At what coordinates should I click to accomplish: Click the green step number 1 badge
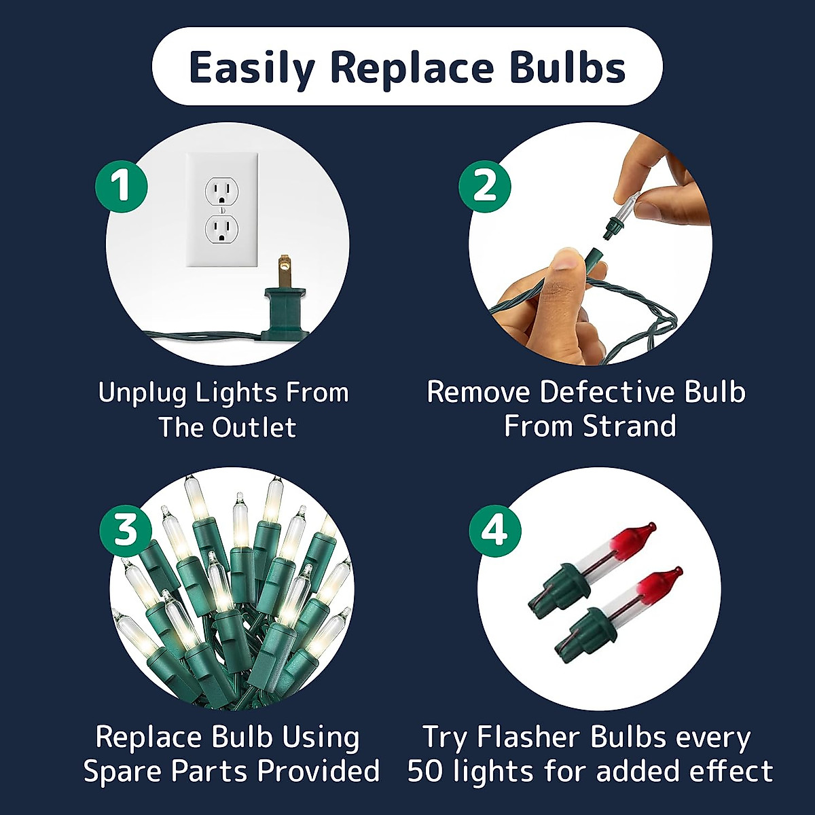[x=122, y=185]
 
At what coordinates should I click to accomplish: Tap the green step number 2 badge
[x=485, y=185]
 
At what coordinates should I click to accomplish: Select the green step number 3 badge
[x=126, y=529]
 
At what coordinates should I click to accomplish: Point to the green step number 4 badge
[x=495, y=529]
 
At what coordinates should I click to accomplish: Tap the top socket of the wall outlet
[x=221, y=192]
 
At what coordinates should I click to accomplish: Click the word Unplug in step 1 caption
[x=143, y=393]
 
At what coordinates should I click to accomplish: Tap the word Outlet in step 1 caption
[x=254, y=428]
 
